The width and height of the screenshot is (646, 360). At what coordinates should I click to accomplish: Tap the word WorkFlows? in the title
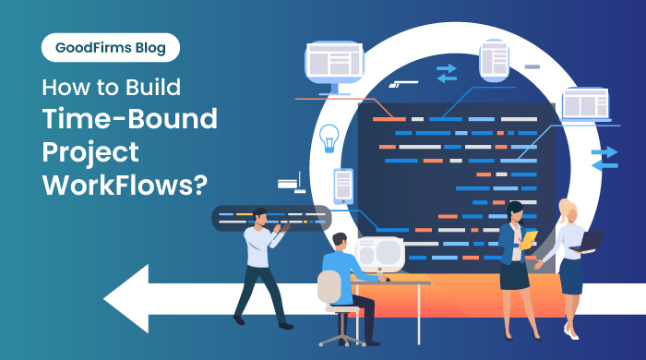tap(122, 182)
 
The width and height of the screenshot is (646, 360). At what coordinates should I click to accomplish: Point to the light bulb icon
tap(328, 138)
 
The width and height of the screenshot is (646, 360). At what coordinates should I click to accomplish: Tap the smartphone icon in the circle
tap(343, 186)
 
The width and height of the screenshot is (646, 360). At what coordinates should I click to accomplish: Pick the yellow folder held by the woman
tap(528, 241)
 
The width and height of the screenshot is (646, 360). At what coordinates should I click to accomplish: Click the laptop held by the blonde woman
tap(589, 241)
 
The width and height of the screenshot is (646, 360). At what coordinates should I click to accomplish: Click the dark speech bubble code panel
tap(249, 219)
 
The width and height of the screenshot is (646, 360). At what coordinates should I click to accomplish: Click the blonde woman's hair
tap(565, 211)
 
